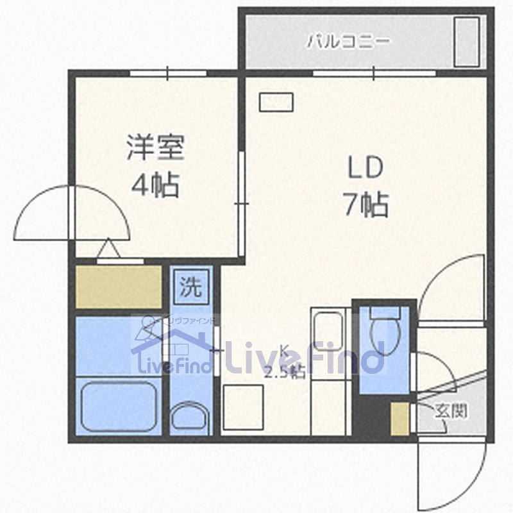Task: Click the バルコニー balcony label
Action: point(348,43)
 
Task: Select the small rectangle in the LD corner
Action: point(276,102)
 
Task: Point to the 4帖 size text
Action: point(155,186)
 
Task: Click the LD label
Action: point(365,168)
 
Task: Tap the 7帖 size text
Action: point(366,205)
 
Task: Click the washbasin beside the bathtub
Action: point(190,416)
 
